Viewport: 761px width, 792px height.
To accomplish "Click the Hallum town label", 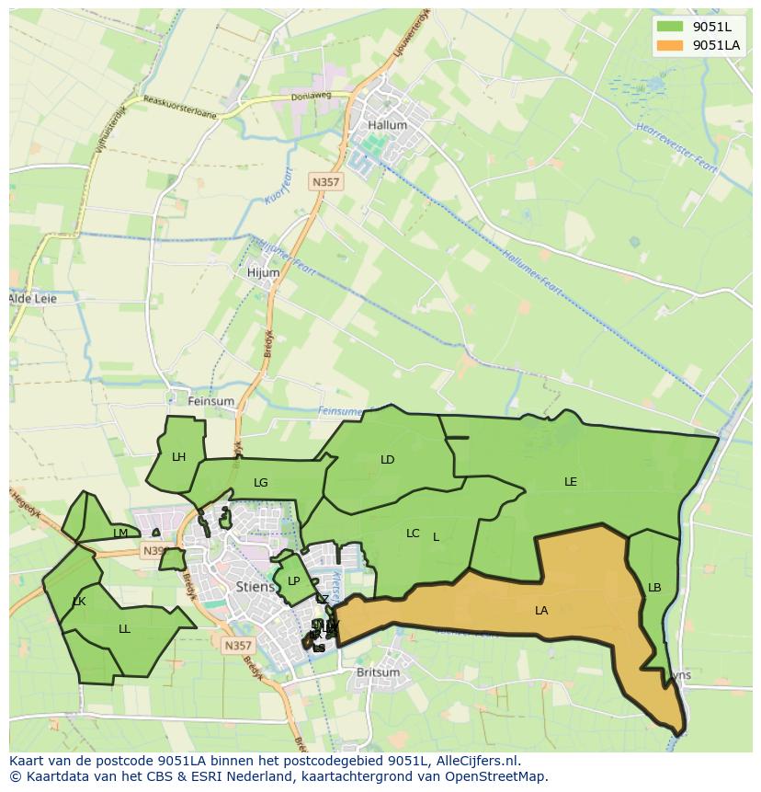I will tap(386, 125).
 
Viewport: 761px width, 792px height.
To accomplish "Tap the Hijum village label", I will tap(263, 272).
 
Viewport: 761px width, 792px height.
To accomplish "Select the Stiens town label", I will tap(255, 586).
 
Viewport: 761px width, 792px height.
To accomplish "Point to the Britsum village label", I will tap(378, 672).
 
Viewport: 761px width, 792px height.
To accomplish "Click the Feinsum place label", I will tap(210, 401).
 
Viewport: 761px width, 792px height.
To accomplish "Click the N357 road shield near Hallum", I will tap(325, 182).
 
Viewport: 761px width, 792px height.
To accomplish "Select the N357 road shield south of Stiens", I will tap(237, 646).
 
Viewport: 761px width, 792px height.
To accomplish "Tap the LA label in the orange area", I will tap(541, 610).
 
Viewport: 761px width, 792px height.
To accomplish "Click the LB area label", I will tap(654, 588).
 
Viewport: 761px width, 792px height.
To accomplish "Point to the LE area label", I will tap(571, 481).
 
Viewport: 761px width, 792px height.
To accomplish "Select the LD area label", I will tap(387, 459).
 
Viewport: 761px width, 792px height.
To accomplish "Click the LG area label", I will tap(261, 482).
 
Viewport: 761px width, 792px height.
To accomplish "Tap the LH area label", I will tap(178, 456).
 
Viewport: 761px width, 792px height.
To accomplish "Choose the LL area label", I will tap(124, 629).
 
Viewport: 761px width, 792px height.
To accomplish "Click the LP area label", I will tap(293, 580).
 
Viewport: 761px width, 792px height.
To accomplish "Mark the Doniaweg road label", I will tap(311, 95).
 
